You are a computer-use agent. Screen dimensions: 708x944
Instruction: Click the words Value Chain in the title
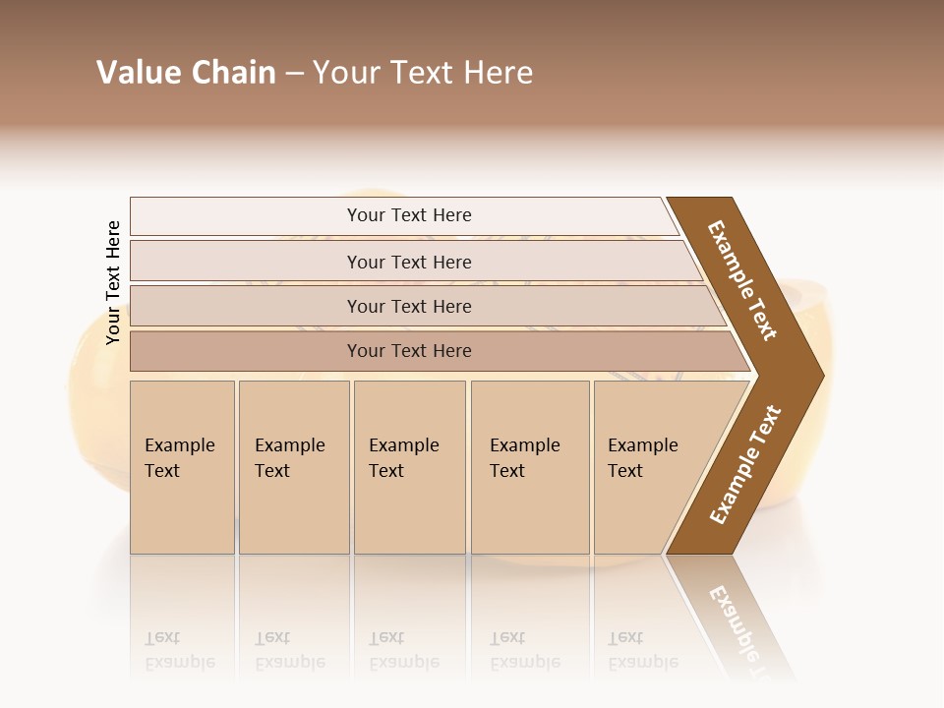(186, 73)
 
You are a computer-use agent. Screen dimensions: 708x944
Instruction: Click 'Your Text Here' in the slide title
(423, 73)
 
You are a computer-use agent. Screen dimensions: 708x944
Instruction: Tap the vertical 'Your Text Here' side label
(113, 282)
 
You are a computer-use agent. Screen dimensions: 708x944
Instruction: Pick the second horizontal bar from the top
(409, 262)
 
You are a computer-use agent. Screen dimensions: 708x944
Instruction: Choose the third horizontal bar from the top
(409, 306)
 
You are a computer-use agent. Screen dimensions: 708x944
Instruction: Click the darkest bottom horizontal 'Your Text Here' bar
(409, 351)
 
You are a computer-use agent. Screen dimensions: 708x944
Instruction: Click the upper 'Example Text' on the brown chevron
(742, 280)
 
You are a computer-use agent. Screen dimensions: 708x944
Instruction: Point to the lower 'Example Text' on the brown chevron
(744, 465)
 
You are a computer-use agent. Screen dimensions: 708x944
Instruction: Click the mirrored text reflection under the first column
(180, 650)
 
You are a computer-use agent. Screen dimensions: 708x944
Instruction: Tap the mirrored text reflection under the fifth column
(643, 650)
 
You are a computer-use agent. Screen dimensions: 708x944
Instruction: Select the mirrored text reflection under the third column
(403, 650)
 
